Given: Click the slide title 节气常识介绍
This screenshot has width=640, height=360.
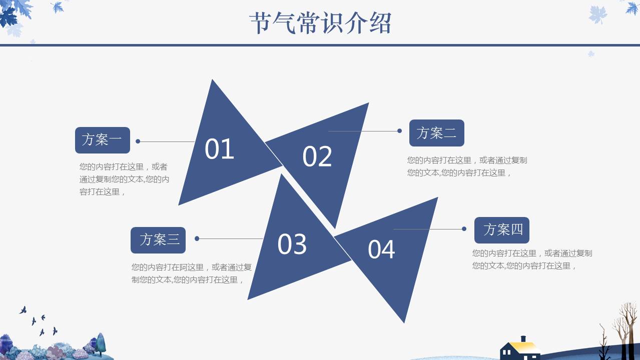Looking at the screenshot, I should (x=320, y=23).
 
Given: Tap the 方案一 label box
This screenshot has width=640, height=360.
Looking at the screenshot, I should (x=102, y=140).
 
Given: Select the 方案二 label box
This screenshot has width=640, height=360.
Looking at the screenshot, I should (x=436, y=133).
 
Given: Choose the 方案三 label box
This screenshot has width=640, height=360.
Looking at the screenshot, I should (x=158, y=240).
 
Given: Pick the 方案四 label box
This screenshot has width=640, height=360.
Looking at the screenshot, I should (x=501, y=230).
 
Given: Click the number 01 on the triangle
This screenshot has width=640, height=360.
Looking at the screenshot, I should (x=219, y=149).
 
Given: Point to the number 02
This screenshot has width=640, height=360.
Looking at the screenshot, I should (x=317, y=156).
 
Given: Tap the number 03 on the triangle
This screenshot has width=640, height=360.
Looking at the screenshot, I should (x=292, y=244).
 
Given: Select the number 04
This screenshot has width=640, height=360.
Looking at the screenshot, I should (x=381, y=249).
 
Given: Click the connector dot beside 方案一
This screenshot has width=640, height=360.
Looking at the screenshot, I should (x=138, y=141).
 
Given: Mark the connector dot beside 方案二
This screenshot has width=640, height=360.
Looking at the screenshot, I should (x=399, y=131).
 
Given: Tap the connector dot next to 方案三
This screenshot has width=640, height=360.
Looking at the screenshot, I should (x=197, y=238).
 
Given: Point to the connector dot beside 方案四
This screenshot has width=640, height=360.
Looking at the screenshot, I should (x=464, y=229).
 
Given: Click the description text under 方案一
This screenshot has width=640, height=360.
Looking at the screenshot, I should (x=124, y=179).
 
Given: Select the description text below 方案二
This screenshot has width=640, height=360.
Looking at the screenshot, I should (x=467, y=166).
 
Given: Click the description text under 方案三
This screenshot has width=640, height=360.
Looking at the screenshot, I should (x=191, y=273).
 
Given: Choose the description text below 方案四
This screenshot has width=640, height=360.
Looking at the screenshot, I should (x=532, y=259).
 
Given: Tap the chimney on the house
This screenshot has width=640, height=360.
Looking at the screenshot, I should (x=523, y=339).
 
